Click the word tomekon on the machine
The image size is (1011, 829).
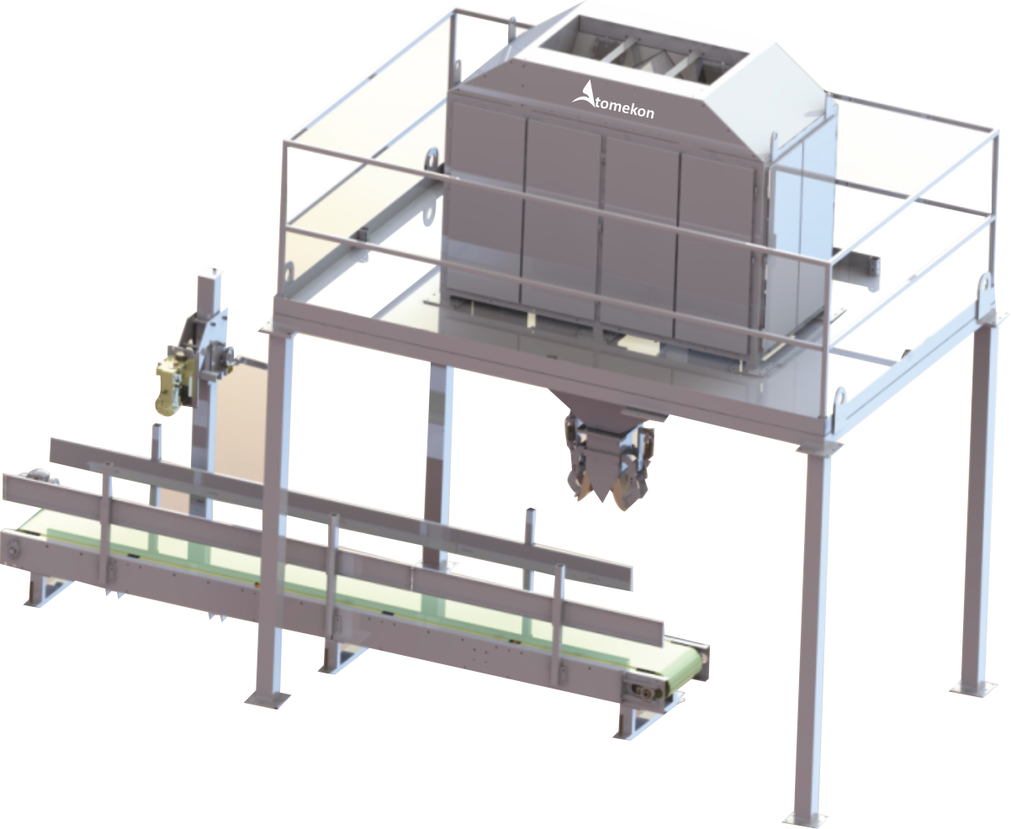coord(624,108)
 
